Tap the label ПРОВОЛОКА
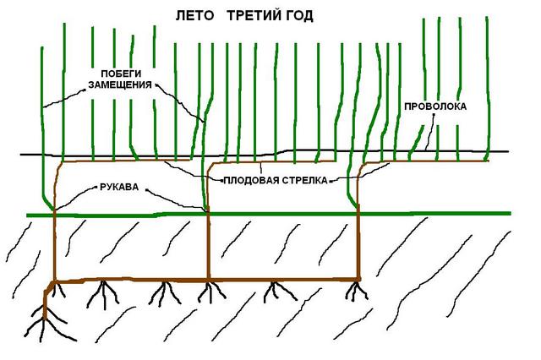click(x=434, y=107)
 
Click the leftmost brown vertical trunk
click(x=54, y=245)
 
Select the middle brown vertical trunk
click(x=207, y=245)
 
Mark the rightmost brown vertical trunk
click(x=358, y=245)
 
